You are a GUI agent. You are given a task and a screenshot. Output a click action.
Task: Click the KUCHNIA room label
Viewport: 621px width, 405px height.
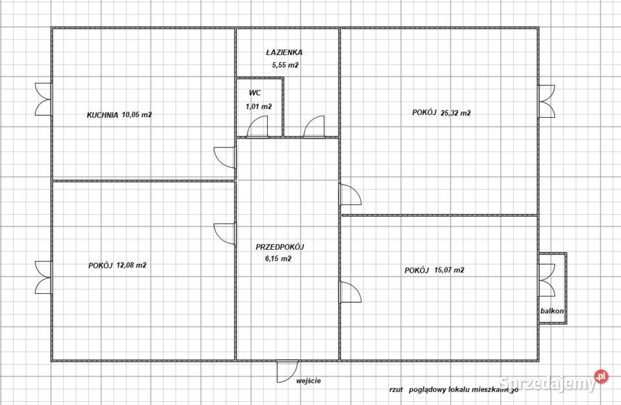tap(103, 115)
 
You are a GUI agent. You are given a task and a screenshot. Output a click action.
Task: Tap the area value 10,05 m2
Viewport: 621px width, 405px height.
tap(137, 115)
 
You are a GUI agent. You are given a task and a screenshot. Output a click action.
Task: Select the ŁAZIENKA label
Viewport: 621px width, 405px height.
tap(285, 52)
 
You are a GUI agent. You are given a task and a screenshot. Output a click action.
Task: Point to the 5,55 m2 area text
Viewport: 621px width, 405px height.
tap(285, 65)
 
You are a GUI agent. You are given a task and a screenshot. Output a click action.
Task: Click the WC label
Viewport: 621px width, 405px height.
tap(255, 93)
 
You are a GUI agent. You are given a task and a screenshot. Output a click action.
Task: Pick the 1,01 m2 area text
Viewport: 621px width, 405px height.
tap(259, 106)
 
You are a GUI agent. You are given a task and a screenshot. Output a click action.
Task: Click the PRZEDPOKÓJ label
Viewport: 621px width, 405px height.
tap(279, 247)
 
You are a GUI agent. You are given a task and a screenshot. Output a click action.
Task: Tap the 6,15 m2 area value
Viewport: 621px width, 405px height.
tap(278, 259)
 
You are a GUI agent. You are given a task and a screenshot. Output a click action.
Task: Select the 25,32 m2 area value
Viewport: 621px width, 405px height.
tap(455, 113)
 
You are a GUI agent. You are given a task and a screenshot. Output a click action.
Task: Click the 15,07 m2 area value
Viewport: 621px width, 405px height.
tap(449, 270)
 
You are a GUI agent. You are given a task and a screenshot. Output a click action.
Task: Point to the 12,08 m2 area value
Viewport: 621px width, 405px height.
tap(131, 265)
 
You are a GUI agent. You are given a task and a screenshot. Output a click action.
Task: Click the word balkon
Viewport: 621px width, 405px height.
tap(552, 311)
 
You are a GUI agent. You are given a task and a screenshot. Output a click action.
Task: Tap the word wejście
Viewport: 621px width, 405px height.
tap(309, 381)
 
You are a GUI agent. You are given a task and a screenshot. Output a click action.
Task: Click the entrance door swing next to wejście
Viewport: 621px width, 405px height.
tap(287, 371)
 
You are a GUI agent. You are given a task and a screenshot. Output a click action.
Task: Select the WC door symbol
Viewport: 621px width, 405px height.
tap(257, 126)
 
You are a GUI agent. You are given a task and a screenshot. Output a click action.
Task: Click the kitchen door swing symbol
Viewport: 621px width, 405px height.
tap(224, 157)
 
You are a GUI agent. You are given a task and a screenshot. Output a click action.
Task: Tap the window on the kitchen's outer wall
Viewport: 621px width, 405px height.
tap(43, 100)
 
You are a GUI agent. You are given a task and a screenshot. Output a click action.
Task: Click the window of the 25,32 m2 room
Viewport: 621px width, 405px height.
tap(546, 101)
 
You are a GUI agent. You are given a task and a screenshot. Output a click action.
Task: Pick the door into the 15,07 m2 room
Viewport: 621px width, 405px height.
tap(350, 292)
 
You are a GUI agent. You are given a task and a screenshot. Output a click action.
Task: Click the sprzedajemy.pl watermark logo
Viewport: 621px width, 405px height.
tap(553, 381)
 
